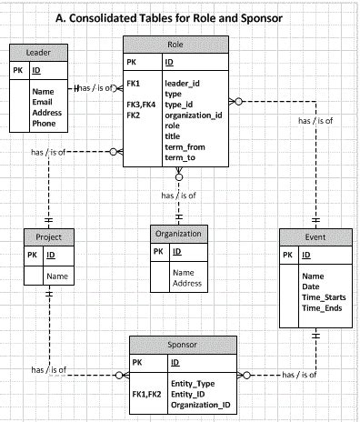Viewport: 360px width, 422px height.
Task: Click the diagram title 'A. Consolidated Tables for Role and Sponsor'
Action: coord(182,17)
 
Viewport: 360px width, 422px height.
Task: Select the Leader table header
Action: coord(36,53)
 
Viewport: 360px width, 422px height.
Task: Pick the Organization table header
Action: coord(178,233)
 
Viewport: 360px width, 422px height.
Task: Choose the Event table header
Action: coord(314,236)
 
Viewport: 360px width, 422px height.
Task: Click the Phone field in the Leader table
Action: coord(43,123)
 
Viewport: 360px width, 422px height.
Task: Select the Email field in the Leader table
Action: coord(43,102)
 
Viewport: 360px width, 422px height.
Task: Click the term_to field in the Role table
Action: coord(180,157)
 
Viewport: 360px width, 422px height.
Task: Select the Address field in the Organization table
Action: coord(187,283)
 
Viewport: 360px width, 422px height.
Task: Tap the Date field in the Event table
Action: coord(312,286)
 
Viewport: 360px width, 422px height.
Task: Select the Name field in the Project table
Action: coord(57,276)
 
